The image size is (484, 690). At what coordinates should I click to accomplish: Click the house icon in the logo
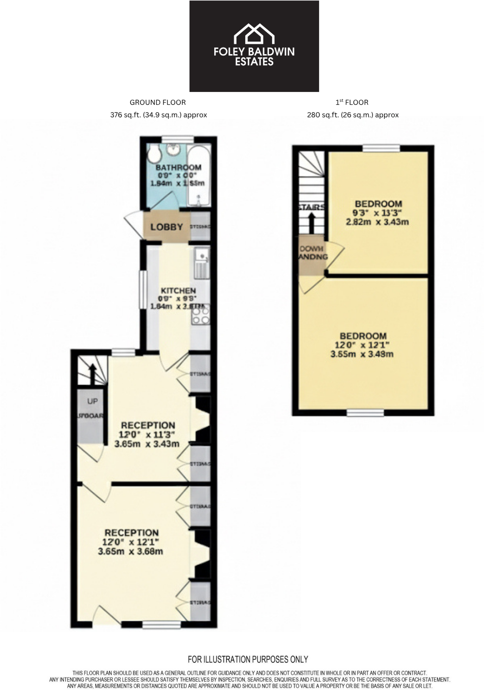coord(254,34)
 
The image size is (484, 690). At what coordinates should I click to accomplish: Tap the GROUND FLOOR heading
coord(158,102)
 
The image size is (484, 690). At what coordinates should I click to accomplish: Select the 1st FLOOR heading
coord(352,102)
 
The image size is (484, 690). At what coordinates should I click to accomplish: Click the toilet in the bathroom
coord(155,154)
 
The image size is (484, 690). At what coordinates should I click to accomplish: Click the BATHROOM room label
coord(178,167)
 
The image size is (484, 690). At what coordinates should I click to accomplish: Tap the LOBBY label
coord(167,227)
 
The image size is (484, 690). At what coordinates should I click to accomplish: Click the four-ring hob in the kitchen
coord(201,315)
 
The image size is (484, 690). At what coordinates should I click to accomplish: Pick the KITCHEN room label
coord(178,291)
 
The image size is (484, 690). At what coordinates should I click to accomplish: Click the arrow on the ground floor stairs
coord(92,371)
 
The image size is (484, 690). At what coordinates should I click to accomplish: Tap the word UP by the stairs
coord(92,401)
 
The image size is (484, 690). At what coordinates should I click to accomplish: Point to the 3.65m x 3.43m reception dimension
coord(147,444)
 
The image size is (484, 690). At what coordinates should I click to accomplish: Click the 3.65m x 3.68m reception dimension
coord(130,551)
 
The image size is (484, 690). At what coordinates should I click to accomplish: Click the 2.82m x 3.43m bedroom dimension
coord(377,222)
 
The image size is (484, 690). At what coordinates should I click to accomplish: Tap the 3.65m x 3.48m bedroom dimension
coord(362,354)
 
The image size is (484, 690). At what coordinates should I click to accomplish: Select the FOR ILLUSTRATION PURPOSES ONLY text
coord(248,659)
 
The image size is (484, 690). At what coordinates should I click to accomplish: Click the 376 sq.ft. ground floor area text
coord(158,115)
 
